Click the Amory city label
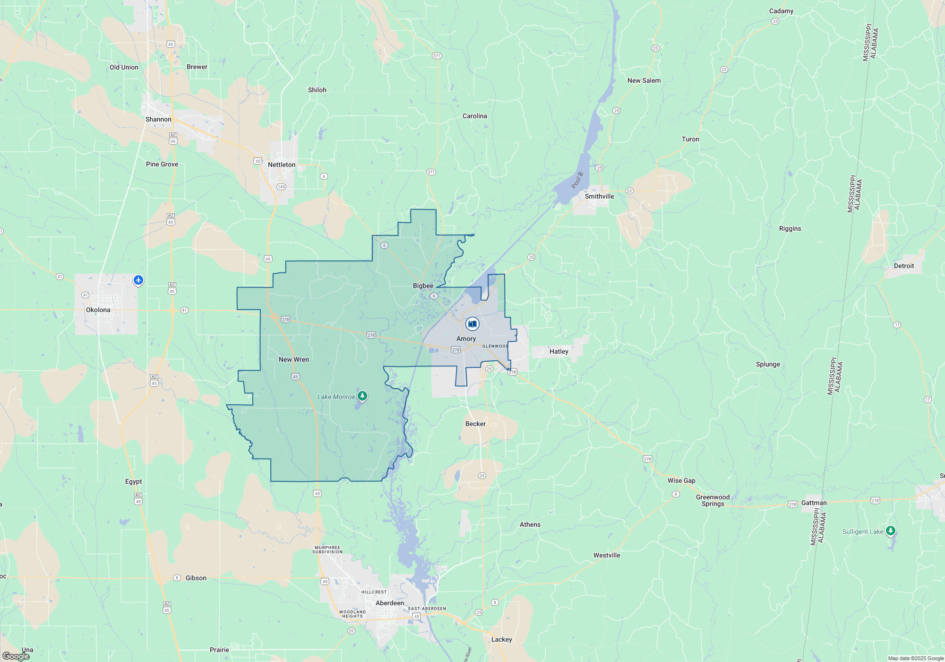(x=466, y=339)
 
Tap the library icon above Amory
(x=472, y=324)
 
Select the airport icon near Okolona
(x=138, y=280)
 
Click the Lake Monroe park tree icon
(x=362, y=396)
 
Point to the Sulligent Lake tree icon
(x=890, y=531)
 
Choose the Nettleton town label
(x=282, y=165)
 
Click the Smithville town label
(x=599, y=196)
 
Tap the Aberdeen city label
(x=390, y=603)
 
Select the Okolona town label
(x=98, y=310)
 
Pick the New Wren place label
(x=294, y=359)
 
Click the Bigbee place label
(x=423, y=286)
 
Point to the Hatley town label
(x=558, y=351)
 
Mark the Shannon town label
(x=158, y=119)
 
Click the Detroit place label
(x=904, y=266)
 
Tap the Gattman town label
(x=814, y=503)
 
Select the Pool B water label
(x=577, y=180)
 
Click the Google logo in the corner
(x=16, y=656)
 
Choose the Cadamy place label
(x=781, y=11)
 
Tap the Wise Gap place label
(x=681, y=480)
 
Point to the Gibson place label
(x=196, y=578)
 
